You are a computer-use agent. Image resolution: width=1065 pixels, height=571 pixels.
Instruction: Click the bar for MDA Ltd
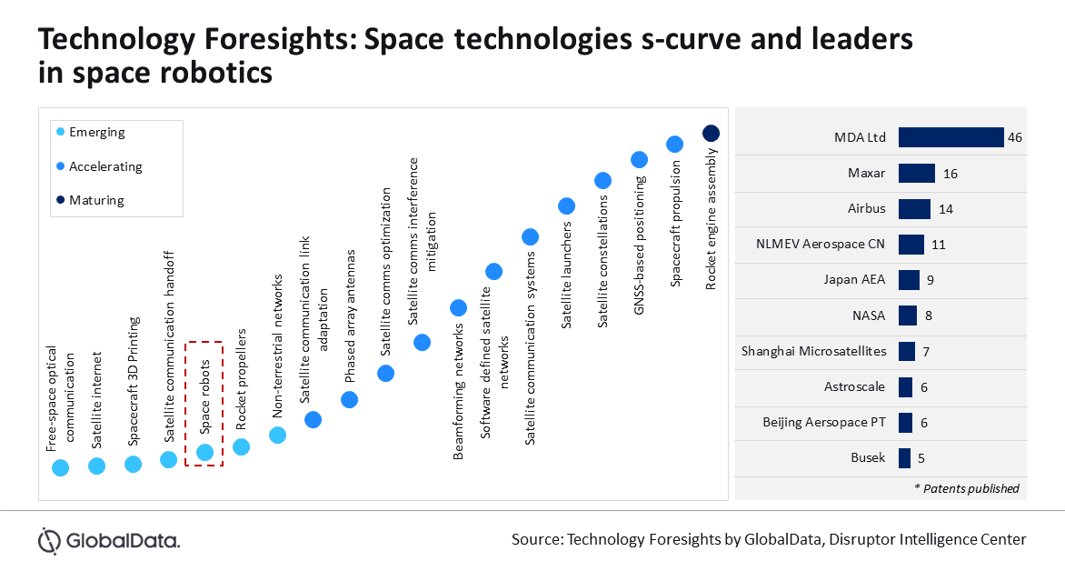tap(951, 137)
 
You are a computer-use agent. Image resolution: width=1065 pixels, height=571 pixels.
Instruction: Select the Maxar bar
tap(916, 173)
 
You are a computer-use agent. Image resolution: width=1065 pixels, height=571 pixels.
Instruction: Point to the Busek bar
tap(904, 458)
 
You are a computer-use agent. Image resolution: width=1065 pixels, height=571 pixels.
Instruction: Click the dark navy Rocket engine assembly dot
tap(711, 134)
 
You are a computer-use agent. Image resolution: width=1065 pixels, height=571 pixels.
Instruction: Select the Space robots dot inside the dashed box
tap(204, 452)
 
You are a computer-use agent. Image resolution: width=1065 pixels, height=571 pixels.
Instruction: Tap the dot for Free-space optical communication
tap(60, 467)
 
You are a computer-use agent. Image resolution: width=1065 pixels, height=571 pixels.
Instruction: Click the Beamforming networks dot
tap(458, 308)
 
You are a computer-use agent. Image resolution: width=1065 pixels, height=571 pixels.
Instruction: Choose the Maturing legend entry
tap(96, 200)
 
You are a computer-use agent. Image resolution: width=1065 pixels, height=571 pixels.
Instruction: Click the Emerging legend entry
tap(97, 133)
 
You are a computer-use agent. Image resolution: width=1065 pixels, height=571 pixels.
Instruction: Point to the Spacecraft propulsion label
tap(675, 225)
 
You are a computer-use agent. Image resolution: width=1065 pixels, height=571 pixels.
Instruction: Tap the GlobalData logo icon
tap(49, 540)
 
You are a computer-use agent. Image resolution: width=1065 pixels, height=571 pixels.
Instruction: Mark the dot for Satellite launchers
tap(566, 206)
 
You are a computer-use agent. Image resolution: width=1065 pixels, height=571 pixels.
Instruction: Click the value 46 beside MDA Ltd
tap(1016, 137)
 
